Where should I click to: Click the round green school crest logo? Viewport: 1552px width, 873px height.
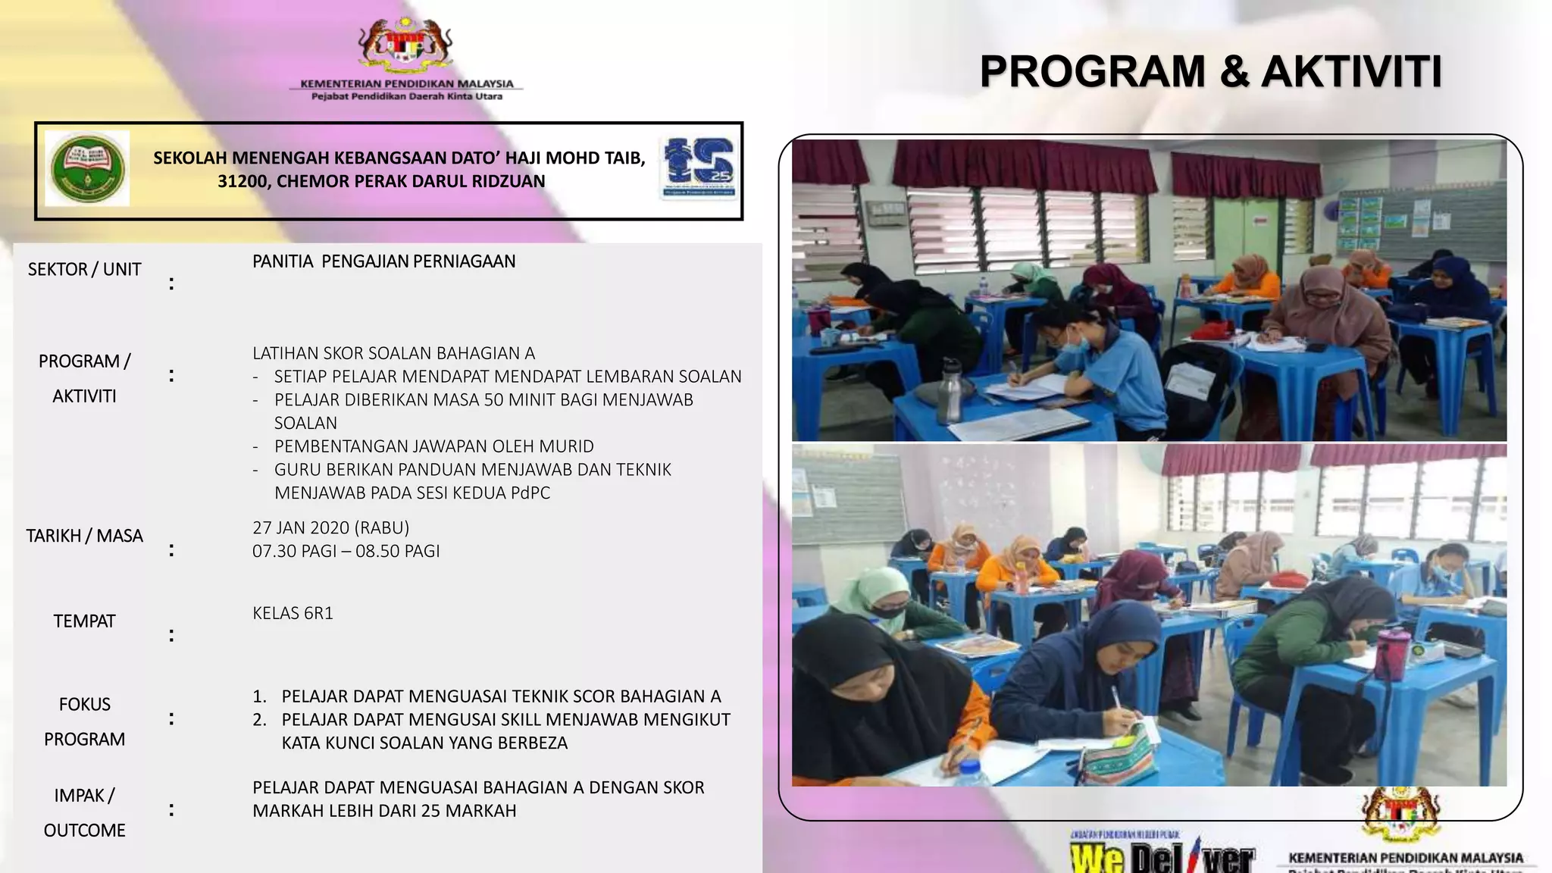point(87,168)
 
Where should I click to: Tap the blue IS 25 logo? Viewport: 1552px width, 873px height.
point(699,165)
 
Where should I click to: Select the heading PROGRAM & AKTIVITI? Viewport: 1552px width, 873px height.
point(1210,72)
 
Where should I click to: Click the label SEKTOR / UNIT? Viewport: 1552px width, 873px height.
point(84,270)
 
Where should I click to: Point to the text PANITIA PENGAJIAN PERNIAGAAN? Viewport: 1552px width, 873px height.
point(383,261)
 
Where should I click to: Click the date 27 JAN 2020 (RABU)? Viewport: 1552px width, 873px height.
point(330,527)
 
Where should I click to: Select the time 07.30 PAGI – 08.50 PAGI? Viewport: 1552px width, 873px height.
point(346,551)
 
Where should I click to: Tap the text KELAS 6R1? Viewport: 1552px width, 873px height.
point(293,613)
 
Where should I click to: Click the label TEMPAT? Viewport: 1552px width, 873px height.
point(84,621)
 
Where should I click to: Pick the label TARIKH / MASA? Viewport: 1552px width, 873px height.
point(84,537)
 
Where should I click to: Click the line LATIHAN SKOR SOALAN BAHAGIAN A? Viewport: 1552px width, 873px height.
point(393,353)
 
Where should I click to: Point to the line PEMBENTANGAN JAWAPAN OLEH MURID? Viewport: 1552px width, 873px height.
point(433,446)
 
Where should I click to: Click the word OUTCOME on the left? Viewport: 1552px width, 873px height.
point(84,831)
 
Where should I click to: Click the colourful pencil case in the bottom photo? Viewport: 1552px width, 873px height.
point(1117,753)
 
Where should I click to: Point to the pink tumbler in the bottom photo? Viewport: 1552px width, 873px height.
point(1389,652)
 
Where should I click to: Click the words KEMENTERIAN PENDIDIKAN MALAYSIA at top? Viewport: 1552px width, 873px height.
point(406,84)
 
